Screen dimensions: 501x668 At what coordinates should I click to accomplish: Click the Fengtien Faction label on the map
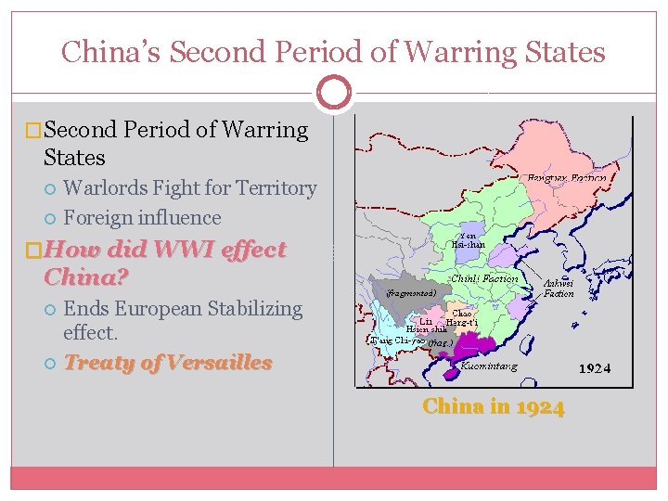coord(567,177)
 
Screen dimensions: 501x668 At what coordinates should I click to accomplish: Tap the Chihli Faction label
coord(484,278)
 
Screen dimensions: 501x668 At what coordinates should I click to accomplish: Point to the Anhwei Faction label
coord(559,288)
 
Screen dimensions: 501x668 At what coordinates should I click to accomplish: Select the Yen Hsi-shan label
coord(469,239)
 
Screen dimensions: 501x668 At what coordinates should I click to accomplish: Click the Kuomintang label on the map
coord(489,366)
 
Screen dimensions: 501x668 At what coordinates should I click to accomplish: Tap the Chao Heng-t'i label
coord(460,320)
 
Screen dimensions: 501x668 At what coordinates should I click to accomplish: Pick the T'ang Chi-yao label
coord(397,340)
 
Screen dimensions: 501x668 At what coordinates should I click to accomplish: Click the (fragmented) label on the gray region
coord(409,292)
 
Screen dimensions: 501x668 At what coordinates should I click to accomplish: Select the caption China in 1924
coord(493,406)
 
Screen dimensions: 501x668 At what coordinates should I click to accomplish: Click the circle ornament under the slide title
coord(333,93)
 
